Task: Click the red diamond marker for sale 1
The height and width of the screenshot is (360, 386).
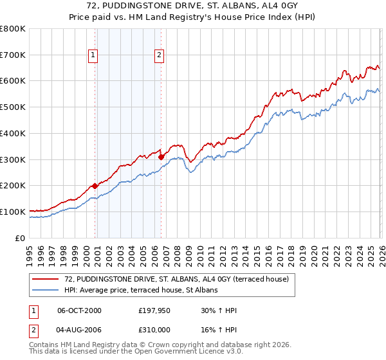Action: pos(95,186)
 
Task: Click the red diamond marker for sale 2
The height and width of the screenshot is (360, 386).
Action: pos(161,156)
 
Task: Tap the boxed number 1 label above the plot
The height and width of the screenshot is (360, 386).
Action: pos(94,55)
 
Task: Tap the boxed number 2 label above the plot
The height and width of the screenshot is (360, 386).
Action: pos(159,55)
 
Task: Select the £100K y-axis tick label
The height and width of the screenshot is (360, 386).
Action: pos(12,212)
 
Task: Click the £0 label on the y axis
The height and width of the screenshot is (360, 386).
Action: pos(19,238)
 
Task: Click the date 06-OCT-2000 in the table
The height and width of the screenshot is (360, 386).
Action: pos(79,310)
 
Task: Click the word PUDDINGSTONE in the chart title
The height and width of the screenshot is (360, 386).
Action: pos(131,5)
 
